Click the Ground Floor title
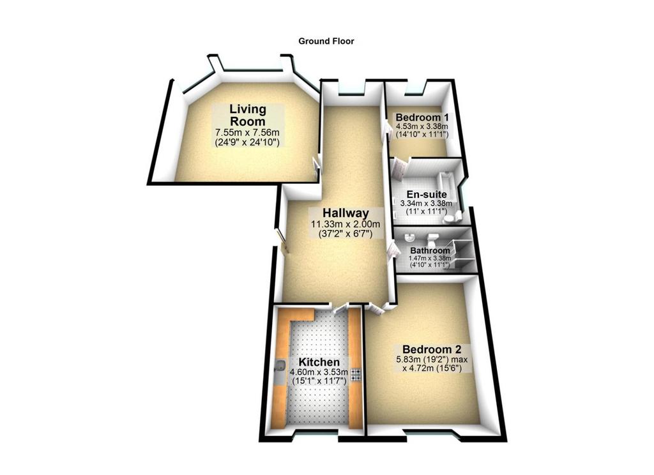(326, 41)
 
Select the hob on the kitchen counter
(356, 374)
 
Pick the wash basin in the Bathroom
(411, 236)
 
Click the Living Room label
(248, 115)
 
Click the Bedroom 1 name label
(422, 117)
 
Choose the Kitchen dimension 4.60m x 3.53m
(319, 372)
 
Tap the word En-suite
(427, 194)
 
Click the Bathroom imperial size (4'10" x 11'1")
(430, 264)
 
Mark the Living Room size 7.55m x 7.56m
(247, 133)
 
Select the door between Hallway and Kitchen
(341, 309)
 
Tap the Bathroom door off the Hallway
(392, 252)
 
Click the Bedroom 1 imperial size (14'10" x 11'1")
(422, 134)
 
